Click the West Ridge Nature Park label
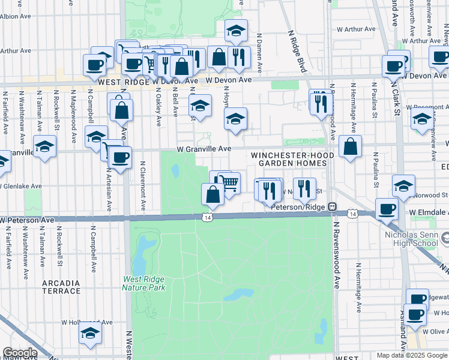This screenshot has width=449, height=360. [143, 283]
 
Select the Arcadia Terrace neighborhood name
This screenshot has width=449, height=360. [61, 287]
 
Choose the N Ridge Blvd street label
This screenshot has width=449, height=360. [298, 51]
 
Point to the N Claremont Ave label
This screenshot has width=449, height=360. [143, 185]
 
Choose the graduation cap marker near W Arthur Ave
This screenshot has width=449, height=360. [236, 30]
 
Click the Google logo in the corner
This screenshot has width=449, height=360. [20, 353]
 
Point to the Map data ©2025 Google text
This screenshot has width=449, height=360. [412, 355]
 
